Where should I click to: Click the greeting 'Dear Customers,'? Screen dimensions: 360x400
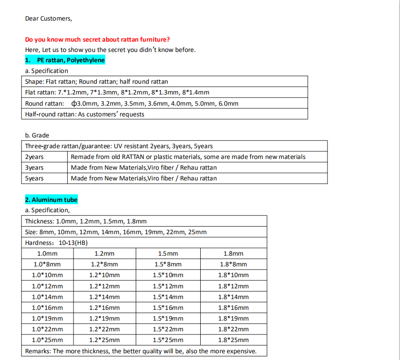click(x=48, y=18)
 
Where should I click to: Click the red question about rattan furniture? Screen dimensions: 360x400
click(x=97, y=39)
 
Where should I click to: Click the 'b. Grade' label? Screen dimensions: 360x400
click(x=37, y=135)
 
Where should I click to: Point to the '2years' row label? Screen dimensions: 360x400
click(x=34, y=157)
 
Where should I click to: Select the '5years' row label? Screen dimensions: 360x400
click(x=34, y=178)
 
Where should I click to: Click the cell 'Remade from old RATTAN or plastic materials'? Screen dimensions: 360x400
click(x=188, y=157)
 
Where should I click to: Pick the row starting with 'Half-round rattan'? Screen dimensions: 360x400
click(x=85, y=114)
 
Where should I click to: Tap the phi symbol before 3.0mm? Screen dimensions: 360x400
click(x=74, y=103)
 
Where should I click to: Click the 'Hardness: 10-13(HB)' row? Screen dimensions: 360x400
click(x=56, y=243)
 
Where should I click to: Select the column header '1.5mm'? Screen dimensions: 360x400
click(x=168, y=253)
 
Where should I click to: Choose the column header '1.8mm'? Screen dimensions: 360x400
click(x=233, y=253)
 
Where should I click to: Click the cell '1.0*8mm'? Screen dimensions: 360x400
click(x=47, y=264)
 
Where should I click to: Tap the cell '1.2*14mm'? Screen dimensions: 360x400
click(x=104, y=297)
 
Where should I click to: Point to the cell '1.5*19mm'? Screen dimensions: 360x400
click(x=168, y=318)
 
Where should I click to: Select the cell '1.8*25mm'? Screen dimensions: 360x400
click(x=233, y=340)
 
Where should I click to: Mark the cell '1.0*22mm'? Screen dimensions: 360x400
click(x=47, y=329)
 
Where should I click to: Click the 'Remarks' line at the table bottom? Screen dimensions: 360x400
click(x=141, y=351)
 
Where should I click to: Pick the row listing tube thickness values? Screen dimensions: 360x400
click(x=86, y=221)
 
